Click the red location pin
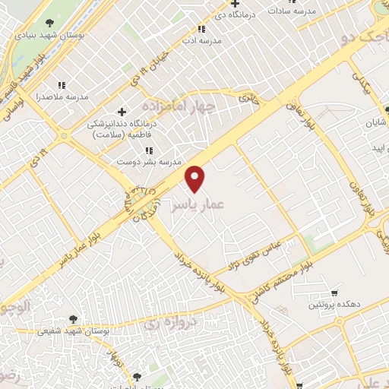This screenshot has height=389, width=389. point(196,179)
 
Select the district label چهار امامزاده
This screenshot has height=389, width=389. point(180,108)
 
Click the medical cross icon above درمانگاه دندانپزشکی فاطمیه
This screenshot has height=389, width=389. point(122,112)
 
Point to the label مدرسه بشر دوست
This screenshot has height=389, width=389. point(148,163)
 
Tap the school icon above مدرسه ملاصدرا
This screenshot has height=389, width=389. point(62,86)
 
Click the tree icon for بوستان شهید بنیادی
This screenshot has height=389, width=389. point(50,23)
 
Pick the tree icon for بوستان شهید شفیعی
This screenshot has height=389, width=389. point(73,320)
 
